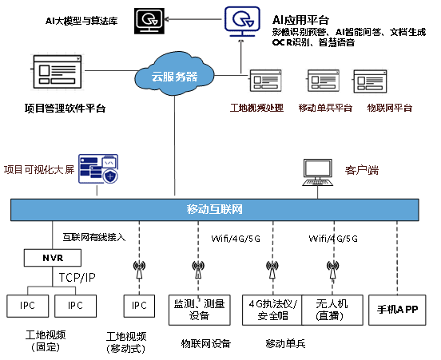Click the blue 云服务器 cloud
(174, 74)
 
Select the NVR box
(53, 258)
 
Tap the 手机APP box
(397, 310)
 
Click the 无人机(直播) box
(332, 310)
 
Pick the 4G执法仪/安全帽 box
(272, 310)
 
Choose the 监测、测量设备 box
(200, 310)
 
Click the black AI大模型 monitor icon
(149, 21)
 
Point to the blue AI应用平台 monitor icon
(242, 22)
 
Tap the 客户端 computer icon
(317, 172)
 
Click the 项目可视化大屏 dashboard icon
(98, 168)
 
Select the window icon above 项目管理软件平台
(58, 72)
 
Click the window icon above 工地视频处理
(265, 81)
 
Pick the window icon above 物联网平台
(370, 81)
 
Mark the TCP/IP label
(77, 278)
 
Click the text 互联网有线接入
(94, 237)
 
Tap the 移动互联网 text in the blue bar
(215, 209)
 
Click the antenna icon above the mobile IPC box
(139, 270)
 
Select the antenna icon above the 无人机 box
(332, 270)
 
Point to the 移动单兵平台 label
(325, 108)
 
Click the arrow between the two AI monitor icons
(194, 19)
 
